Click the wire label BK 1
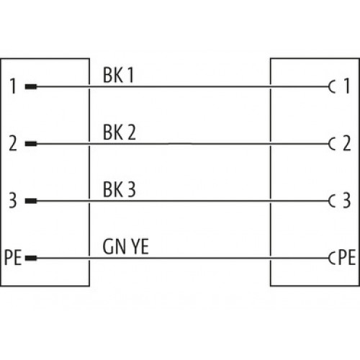118,75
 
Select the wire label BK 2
120,132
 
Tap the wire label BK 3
120,189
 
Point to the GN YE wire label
125,246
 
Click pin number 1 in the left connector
13,86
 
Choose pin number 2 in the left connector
13,143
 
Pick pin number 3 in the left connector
13,200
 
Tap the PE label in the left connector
13,258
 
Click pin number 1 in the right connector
347,86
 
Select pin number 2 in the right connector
347,143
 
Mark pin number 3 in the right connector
347,200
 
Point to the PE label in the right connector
347,258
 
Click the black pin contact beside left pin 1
31,86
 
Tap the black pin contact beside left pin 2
31,144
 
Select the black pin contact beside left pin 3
31,201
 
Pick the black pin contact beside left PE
31,258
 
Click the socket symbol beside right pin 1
329,86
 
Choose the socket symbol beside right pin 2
329,144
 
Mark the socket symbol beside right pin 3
329,201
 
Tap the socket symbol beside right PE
329,258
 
